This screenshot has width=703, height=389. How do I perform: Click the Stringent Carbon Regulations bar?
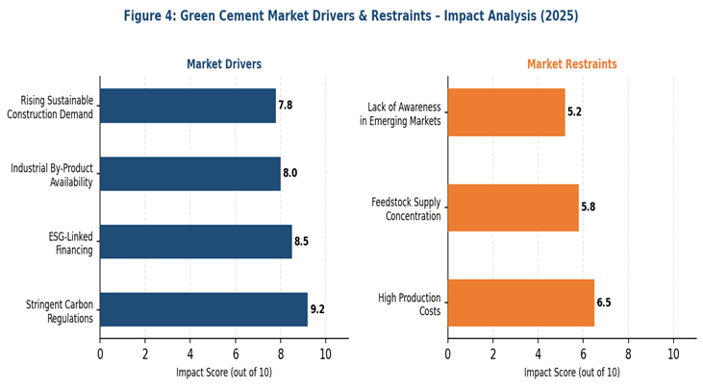[x=204, y=309]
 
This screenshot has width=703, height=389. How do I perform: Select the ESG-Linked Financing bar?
[x=196, y=241]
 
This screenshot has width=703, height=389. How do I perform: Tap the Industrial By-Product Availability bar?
[x=190, y=174]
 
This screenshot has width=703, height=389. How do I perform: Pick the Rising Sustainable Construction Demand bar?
[x=188, y=106]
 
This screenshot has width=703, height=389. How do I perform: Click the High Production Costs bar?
[x=521, y=303]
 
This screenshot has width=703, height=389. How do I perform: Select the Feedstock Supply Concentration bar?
[x=514, y=207]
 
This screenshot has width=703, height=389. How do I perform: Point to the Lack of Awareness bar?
[x=507, y=111]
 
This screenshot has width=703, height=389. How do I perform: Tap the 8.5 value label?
[x=302, y=242]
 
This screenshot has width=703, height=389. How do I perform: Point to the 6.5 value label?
[x=604, y=304]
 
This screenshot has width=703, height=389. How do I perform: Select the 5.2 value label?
[x=575, y=112]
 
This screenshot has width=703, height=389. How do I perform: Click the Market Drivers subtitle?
[x=224, y=64]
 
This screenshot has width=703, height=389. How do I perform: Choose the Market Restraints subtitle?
[x=572, y=64]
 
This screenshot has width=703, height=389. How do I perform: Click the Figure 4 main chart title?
[x=351, y=16]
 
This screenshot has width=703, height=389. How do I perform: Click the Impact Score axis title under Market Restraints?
[x=572, y=372]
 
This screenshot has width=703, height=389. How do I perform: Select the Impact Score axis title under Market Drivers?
[x=224, y=372]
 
